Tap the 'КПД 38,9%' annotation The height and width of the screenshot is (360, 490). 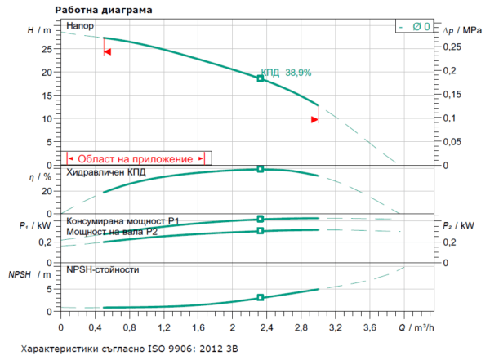click(286, 73)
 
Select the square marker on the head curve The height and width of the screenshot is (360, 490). click(261, 78)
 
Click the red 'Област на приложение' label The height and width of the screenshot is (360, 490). click(135, 158)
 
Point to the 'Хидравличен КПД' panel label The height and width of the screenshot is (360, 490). click(106, 173)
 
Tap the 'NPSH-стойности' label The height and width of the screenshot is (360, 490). click(102, 269)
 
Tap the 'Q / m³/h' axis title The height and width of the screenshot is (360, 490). click(416, 327)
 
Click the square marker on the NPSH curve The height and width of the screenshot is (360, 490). click(261, 298)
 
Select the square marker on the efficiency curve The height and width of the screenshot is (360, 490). click(261, 168)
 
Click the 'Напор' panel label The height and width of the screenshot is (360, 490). click(82, 27)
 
